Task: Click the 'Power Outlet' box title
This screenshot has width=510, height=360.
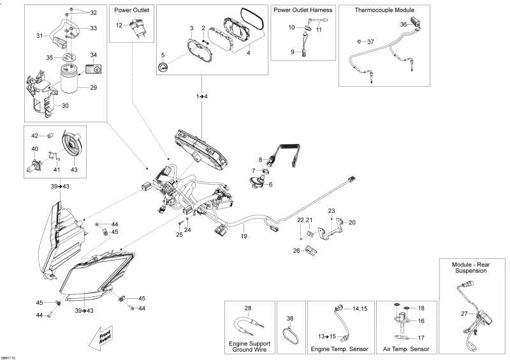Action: [x=132, y=11]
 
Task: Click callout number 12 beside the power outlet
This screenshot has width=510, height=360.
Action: [x=119, y=25]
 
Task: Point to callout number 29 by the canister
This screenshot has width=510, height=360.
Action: [x=93, y=87]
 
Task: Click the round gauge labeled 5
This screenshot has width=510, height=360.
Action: [x=163, y=68]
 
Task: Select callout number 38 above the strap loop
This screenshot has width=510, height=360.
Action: [x=289, y=318]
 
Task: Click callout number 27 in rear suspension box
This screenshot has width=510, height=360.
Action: [x=464, y=313]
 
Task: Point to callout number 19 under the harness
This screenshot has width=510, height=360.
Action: [x=243, y=236]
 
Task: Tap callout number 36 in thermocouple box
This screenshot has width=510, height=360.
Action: [x=403, y=24]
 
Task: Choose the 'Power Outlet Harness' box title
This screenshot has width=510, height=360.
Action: [x=303, y=11]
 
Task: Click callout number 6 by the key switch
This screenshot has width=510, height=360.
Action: [x=270, y=185]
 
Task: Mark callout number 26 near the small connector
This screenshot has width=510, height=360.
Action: [x=296, y=250]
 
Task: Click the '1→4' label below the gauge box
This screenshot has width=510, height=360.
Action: [x=202, y=96]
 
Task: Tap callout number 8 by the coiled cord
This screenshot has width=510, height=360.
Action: [x=260, y=159]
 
